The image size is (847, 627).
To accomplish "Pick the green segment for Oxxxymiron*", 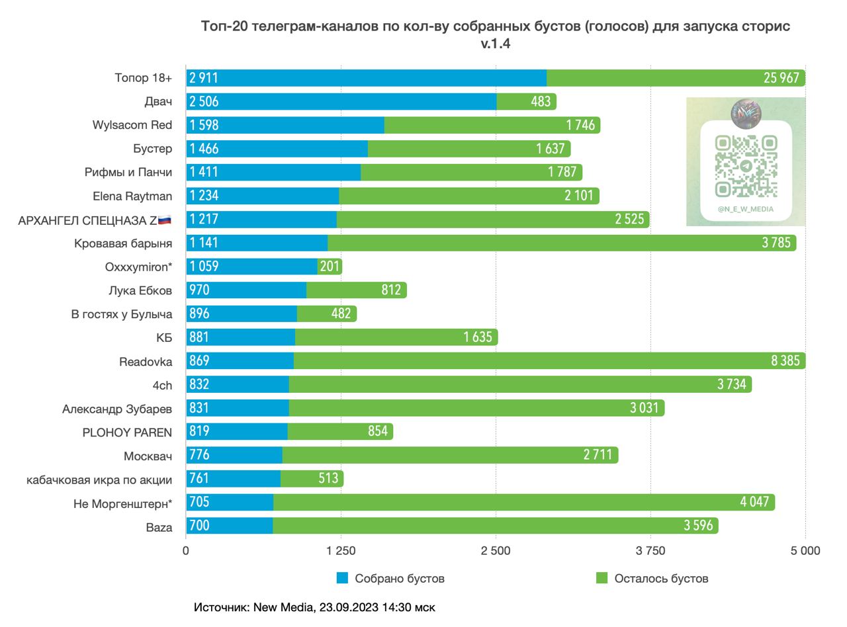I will pyautogui.click(x=330, y=267).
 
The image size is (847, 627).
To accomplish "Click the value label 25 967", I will pyautogui.click(x=781, y=78).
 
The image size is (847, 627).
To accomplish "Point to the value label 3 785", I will pyautogui.click(x=776, y=243).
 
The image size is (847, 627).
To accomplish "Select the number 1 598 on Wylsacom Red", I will pyautogui.click(x=204, y=125).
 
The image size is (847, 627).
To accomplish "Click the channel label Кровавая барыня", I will pyautogui.click(x=123, y=243).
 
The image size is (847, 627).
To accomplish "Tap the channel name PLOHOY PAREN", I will pyautogui.click(x=127, y=433).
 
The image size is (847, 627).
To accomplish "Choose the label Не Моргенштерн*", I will pyautogui.click(x=122, y=504).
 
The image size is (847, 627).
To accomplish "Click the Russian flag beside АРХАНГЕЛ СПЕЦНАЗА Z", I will pyautogui.click(x=165, y=220).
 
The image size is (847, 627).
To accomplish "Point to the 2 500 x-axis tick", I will pyautogui.click(x=496, y=550).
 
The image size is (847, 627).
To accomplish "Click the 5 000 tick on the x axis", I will pyautogui.click(x=805, y=550).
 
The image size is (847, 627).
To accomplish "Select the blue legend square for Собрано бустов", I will pyautogui.click(x=342, y=578).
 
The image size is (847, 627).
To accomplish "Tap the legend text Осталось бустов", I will pyautogui.click(x=661, y=579).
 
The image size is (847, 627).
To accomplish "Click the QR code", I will pyautogui.click(x=746, y=165).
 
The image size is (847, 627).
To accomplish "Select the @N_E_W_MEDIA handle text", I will pyautogui.click(x=745, y=209).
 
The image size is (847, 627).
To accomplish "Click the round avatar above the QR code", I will pyautogui.click(x=746, y=114).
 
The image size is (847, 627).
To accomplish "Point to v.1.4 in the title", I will pyautogui.click(x=496, y=44).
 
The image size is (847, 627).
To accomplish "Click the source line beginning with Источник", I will pyautogui.click(x=314, y=606).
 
